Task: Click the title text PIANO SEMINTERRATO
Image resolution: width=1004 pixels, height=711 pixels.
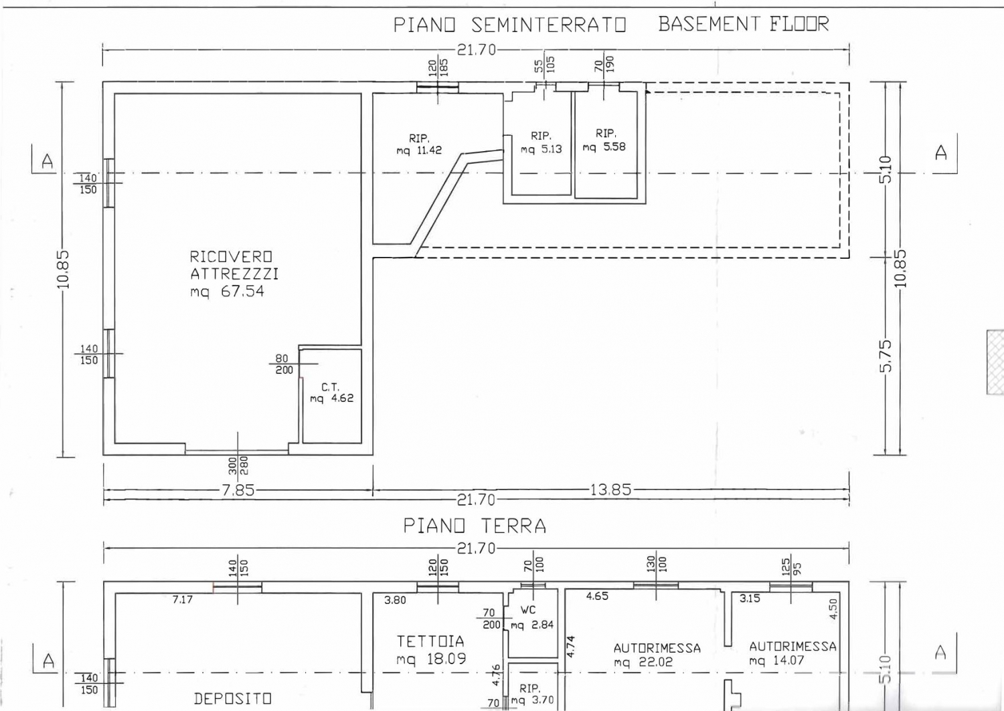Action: tap(509, 25)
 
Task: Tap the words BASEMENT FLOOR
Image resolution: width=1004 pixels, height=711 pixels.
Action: tap(744, 24)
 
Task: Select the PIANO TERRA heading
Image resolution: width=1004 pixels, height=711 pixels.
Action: tap(475, 526)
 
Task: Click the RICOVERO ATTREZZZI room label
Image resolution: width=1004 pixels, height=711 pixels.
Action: tap(234, 266)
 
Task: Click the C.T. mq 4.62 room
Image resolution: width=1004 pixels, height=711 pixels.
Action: tap(332, 393)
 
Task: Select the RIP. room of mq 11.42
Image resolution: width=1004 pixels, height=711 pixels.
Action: tap(419, 144)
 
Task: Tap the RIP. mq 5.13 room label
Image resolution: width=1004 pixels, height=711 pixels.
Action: tap(541, 142)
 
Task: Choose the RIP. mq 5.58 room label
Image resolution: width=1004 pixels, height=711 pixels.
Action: tap(604, 140)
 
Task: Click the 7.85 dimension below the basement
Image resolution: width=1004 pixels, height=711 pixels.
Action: tap(238, 490)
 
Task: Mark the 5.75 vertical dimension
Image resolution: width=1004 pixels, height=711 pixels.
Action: tap(886, 357)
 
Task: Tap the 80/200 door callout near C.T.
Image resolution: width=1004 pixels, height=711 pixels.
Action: tap(284, 365)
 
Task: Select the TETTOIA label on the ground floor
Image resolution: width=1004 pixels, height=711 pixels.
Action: tap(430, 641)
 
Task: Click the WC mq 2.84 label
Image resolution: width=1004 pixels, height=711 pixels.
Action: tap(532, 617)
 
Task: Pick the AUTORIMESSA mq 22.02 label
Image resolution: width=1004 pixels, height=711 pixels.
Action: tap(657, 655)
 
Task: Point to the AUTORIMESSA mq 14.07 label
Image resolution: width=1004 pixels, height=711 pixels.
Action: tap(792, 653)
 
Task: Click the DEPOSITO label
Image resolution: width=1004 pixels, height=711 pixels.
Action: tap(233, 698)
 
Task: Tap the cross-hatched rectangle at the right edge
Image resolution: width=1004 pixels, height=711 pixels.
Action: tap(995, 363)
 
